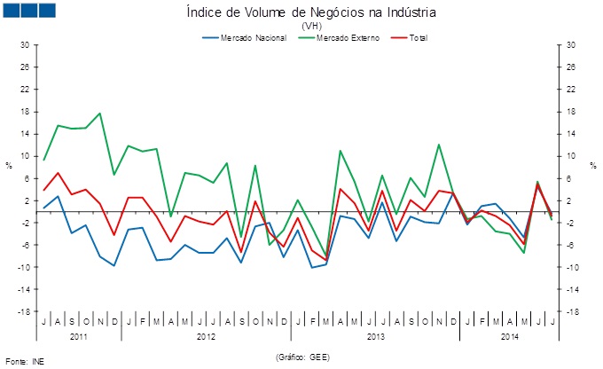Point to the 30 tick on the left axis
tap(25, 44)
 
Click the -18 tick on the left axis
tap(24, 311)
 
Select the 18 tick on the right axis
tap(571, 111)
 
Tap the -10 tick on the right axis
tap(572, 267)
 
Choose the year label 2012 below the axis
tap(206, 336)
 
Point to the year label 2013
tap(375, 336)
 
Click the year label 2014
tap(510, 336)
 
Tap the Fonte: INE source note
tap(25, 361)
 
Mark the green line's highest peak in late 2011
tap(100, 114)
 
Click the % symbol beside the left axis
tap(9, 165)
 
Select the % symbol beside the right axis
tap(592, 165)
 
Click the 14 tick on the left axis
tap(25, 133)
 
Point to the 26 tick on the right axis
tap(571, 67)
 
